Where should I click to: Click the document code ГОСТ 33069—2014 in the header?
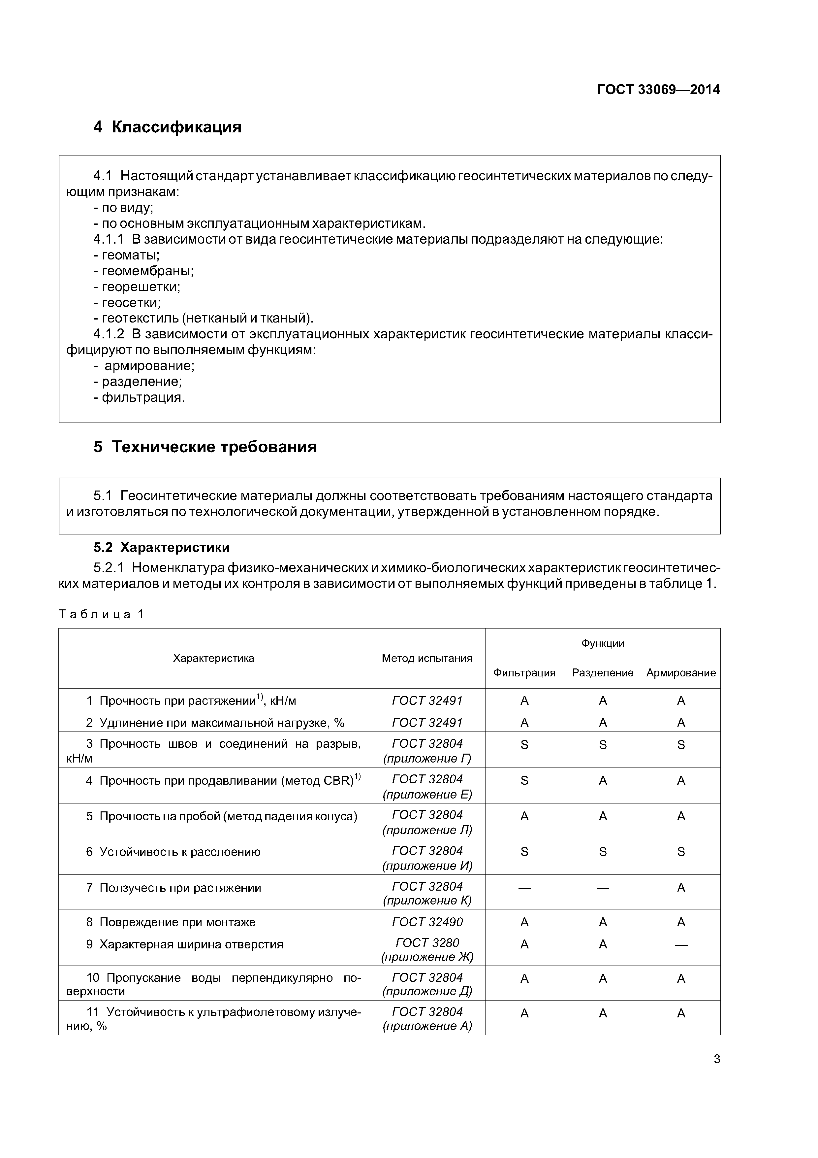tap(658, 90)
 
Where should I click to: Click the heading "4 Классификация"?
tap(167, 127)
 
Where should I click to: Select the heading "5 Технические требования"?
tap(205, 447)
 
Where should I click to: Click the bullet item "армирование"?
tap(145, 366)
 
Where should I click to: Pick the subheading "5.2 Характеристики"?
tap(162, 547)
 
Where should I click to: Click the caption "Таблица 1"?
tap(101, 614)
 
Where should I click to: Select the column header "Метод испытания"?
tap(427, 658)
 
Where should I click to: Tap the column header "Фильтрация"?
tap(524, 673)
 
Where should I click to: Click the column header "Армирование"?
tap(681, 673)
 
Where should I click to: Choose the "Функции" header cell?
tap(603, 644)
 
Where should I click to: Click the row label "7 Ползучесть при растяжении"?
tap(174, 888)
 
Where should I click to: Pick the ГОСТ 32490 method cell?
tap(427, 922)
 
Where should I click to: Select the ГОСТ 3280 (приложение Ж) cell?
tap(427, 950)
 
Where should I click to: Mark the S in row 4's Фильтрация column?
tap(524, 781)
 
